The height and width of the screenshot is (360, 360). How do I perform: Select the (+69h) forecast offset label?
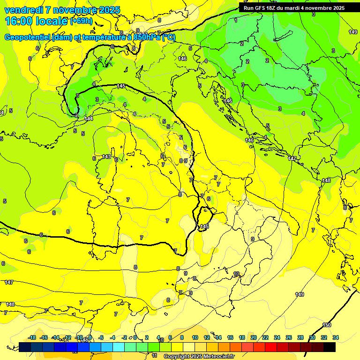82,22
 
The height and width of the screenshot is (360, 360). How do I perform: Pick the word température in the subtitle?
108,37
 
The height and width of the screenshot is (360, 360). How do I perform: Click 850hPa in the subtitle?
146,37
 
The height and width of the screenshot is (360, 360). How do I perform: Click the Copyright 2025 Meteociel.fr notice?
199,356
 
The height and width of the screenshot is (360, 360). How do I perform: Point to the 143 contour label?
106,157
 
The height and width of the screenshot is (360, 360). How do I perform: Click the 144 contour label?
89,119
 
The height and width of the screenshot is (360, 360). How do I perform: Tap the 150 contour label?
327,325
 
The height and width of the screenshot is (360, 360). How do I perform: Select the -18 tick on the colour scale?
32,337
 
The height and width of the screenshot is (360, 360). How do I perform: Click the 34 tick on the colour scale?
335,337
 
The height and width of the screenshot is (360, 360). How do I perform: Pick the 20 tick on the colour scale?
254,337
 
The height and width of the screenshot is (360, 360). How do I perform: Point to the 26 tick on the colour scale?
288,337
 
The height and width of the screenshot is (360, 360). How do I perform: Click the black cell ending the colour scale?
329,347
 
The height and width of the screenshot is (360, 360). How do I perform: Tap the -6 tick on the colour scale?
101,337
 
